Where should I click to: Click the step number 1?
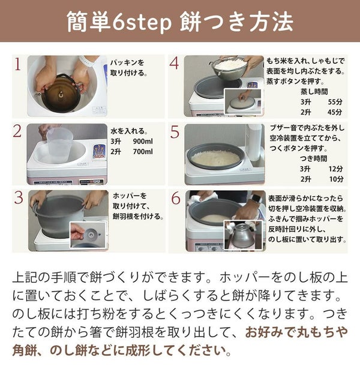pos(17,64)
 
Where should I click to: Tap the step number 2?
pos(17,131)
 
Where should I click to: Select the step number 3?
pos(19,197)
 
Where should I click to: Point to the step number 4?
pos(174,64)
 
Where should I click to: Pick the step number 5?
pos(175,132)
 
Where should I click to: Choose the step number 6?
pos(176,198)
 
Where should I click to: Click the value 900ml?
pos(143,142)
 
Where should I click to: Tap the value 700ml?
pos(143,152)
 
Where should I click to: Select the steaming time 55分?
pos(335,102)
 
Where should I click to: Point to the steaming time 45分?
pos(335,112)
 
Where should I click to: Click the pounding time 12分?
pos(336,169)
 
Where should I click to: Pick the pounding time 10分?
pos(336,179)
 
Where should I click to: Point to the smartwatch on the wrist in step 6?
pos(256,199)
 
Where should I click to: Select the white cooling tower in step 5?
pos(254,142)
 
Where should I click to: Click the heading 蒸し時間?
pos(314,92)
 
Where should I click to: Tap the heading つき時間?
pos(314,158)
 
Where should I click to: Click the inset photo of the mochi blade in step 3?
pos(88,235)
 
